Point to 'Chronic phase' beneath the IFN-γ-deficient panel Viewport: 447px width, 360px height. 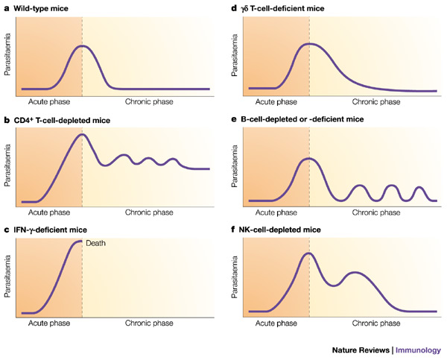coord(148,324)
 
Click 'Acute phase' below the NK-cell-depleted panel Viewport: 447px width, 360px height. coord(276,324)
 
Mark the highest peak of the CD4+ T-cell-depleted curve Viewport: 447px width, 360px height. coord(83,135)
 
